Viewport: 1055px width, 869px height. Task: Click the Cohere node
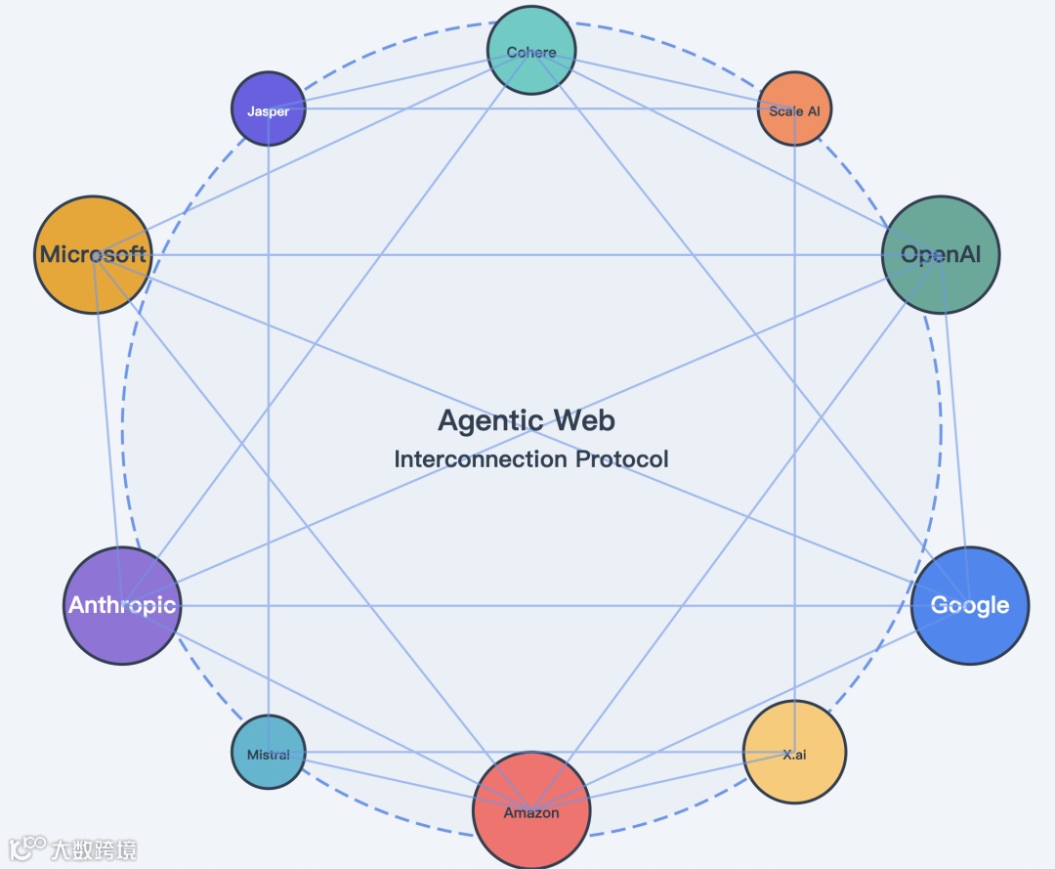pyautogui.click(x=531, y=51)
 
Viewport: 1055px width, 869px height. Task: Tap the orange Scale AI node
pyautogui.click(x=795, y=109)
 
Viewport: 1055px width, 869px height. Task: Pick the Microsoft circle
pyautogui.click(x=93, y=255)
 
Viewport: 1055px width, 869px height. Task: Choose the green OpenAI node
pyautogui.click(x=941, y=255)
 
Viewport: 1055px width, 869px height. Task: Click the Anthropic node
pyautogui.click(x=122, y=605)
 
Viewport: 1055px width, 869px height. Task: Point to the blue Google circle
pyautogui.click(x=969, y=605)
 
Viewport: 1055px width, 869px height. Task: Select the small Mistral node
pyautogui.click(x=268, y=753)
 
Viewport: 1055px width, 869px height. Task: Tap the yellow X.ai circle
pyautogui.click(x=795, y=753)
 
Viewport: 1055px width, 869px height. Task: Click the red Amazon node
pyautogui.click(x=531, y=809)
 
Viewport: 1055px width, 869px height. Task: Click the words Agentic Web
pyautogui.click(x=527, y=420)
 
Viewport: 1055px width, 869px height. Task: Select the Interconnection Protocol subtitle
pyautogui.click(x=531, y=458)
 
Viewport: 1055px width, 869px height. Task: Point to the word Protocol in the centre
pyautogui.click(x=621, y=458)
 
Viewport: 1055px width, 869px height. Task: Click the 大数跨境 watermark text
pyautogui.click(x=95, y=848)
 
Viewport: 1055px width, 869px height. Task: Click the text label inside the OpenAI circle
pyautogui.click(x=941, y=255)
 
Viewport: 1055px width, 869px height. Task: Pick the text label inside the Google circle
pyautogui.click(x=969, y=605)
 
